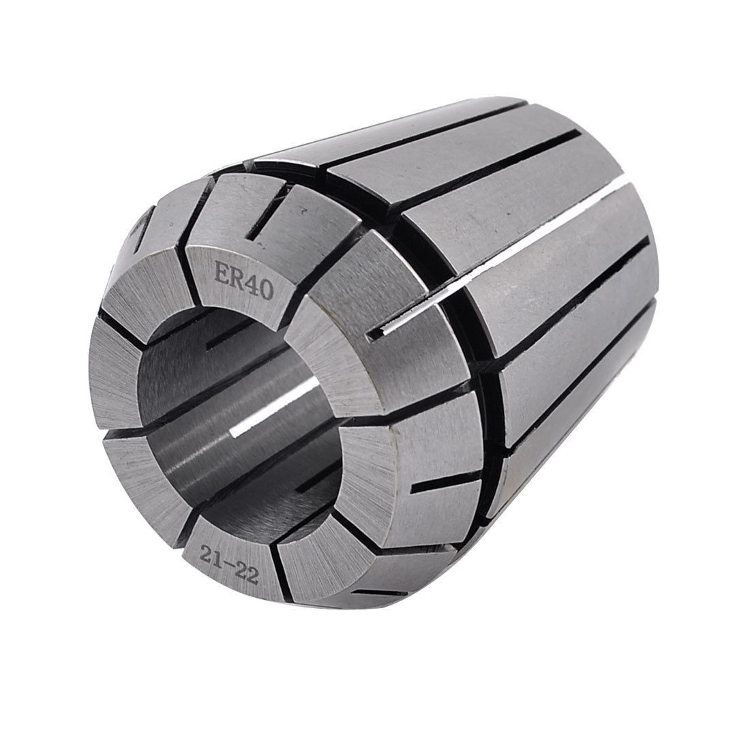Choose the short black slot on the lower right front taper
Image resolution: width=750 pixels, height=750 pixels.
point(440,485)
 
